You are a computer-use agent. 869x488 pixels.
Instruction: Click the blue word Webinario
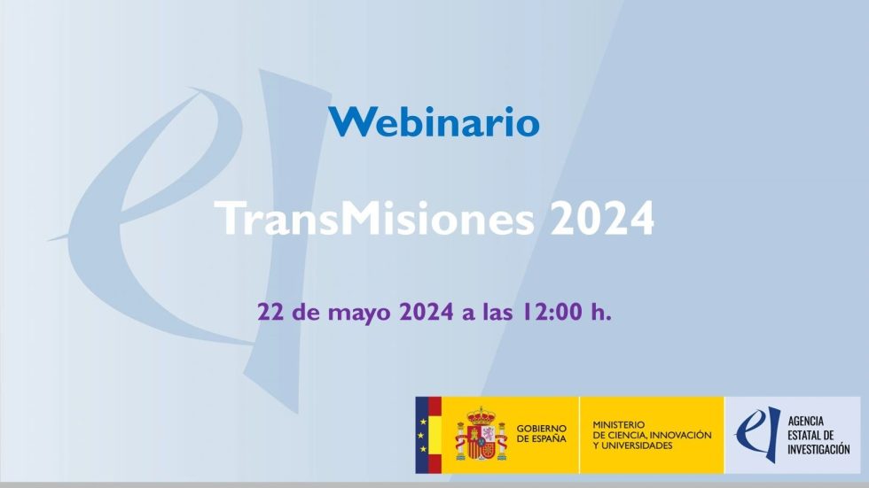coord(434,121)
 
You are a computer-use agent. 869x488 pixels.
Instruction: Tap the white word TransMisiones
coord(374,218)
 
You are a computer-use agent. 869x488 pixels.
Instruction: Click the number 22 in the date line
coord(270,312)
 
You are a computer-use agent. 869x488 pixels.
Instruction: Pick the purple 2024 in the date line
coord(427,312)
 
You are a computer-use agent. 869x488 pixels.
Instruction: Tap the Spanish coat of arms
coord(481,435)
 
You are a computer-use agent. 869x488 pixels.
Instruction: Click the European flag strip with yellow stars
coord(422,435)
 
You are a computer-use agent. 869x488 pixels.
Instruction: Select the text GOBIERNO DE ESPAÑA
coord(542,434)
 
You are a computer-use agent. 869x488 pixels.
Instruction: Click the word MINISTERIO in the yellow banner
coord(619,425)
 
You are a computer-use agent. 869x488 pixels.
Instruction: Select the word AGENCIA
coord(806,421)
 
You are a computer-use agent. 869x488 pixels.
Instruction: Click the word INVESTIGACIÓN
coord(818,449)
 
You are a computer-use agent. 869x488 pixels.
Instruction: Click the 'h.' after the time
coord(601,312)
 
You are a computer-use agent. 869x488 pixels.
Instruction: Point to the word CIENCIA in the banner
coord(626,435)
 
